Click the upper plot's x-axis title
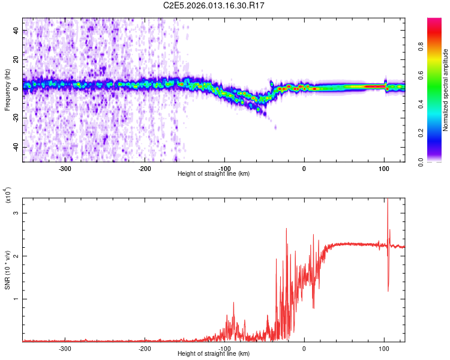[214, 174]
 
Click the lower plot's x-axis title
[214, 354]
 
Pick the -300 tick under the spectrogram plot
[65, 167]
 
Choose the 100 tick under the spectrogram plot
[384, 167]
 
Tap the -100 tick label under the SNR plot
[224, 347]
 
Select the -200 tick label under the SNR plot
[145, 347]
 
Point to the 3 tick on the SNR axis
[17, 212]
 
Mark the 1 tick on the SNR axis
[17, 299]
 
